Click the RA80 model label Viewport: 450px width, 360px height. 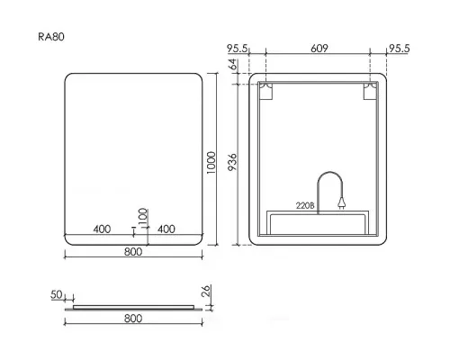click(x=51, y=37)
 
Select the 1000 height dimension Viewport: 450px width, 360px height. click(x=211, y=162)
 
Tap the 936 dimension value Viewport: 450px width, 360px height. click(x=232, y=162)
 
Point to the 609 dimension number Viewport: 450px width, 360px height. click(x=319, y=48)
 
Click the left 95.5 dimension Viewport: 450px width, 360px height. click(x=238, y=49)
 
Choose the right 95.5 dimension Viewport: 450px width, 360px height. click(x=399, y=49)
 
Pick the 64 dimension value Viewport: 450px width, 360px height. click(x=233, y=65)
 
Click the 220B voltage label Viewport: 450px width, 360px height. click(x=305, y=205)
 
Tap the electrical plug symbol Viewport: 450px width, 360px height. click(x=341, y=202)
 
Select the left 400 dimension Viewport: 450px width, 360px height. click(x=102, y=229)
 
